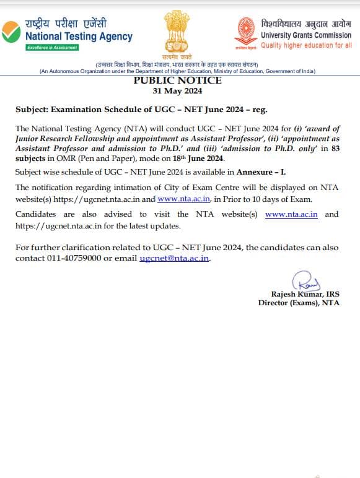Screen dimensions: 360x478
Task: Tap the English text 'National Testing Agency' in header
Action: pos(79,37)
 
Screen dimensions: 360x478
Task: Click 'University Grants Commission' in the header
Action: pos(305,35)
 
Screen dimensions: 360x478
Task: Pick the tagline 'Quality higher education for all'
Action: pos(306,45)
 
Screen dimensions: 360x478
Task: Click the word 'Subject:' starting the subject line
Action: pos(32,110)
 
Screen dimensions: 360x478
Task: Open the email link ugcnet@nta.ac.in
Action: pos(175,258)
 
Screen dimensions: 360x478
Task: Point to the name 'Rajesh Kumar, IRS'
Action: pos(305,293)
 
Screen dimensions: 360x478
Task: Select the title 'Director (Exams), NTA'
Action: pos(299,303)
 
